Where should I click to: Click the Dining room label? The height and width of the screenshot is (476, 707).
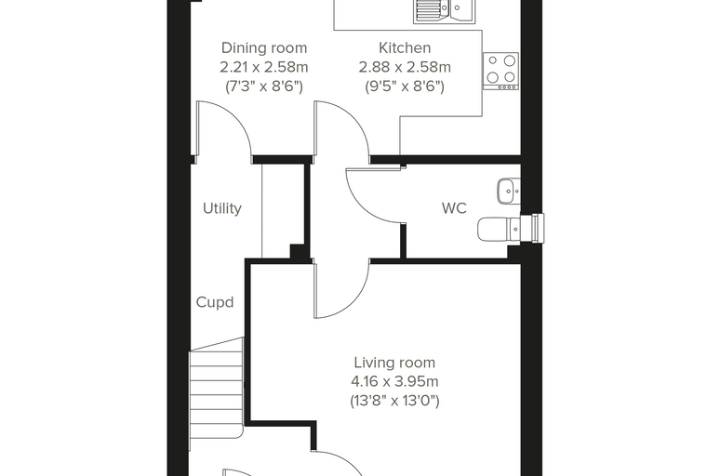click(264, 47)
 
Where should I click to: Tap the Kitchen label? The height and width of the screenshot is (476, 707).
click(405, 47)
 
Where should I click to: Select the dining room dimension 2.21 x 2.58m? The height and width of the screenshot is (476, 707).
click(264, 67)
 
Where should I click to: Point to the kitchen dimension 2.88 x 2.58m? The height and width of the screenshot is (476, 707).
click(405, 67)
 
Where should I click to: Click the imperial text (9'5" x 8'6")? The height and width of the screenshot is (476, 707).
click(405, 86)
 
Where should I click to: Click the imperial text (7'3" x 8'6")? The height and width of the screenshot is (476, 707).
click(264, 86)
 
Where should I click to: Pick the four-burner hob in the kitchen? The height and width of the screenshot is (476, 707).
click(500, 72)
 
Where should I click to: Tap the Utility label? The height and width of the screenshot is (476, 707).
click(221, 208)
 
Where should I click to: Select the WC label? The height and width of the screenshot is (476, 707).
click(454, 208)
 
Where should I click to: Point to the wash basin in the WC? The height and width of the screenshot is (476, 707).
click(509, 192)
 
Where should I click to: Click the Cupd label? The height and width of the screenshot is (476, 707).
click(215, 302)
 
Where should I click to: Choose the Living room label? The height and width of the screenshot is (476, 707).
click(394, 363)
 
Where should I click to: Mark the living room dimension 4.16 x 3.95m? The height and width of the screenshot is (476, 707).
click(394, 382)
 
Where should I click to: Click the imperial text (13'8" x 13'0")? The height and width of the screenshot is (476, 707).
click(394, 401)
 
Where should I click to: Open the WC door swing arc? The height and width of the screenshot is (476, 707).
click(362, 207)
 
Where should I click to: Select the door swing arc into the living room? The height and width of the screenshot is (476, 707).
click(355, 299)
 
